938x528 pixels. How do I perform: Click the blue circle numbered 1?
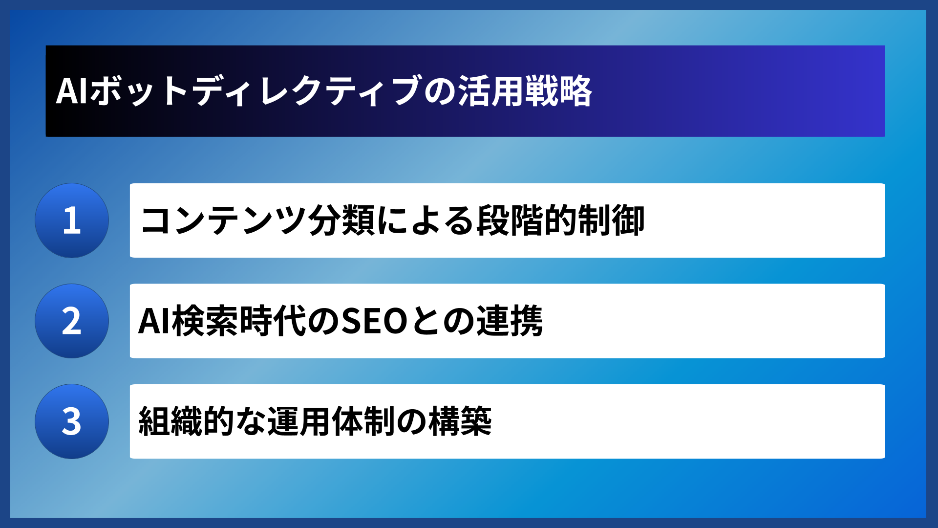point(72,220)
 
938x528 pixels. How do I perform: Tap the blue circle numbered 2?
point(72,321)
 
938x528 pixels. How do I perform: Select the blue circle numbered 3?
point(72,421)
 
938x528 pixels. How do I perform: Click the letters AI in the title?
point(72,91)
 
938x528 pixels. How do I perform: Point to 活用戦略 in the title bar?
point(525,91)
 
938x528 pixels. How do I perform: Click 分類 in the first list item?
point(341,220)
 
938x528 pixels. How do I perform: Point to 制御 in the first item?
point(611,220)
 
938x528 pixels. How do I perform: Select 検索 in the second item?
point(205,321)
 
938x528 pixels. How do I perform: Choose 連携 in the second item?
point(509,321)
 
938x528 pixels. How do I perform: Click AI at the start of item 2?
point(154,321)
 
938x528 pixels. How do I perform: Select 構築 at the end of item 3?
point(460,421)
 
